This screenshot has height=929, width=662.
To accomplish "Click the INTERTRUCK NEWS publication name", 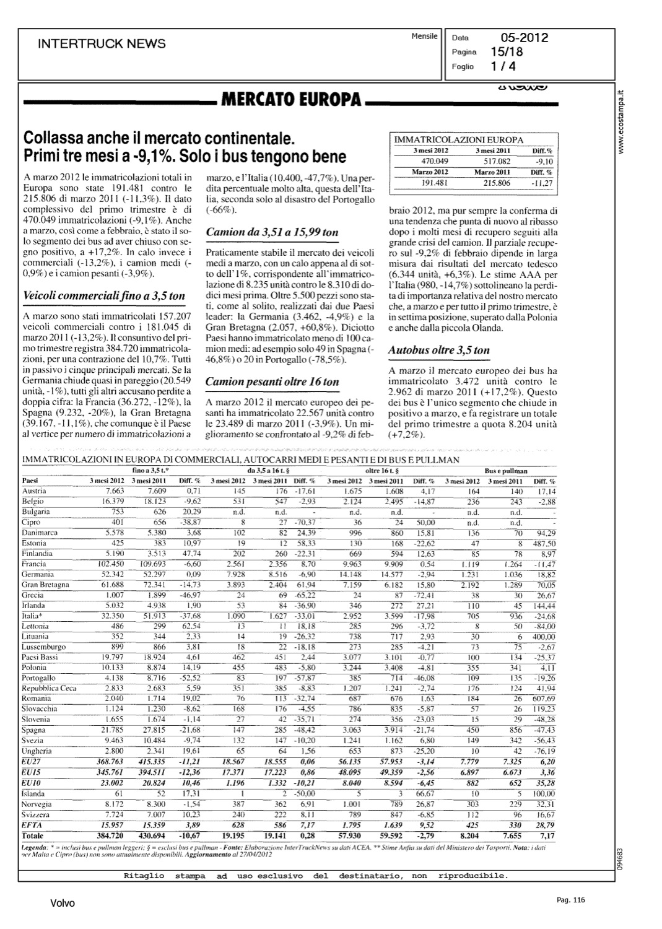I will (x=102, y=43).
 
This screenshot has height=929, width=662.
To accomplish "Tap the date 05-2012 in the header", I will (x=525, y=38).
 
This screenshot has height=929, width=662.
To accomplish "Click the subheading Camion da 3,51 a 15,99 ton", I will (x=272, y=232).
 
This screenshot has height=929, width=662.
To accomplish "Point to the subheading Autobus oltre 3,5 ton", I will (x=439, y=350).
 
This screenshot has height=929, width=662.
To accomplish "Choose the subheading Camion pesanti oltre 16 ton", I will (x=272, y=382).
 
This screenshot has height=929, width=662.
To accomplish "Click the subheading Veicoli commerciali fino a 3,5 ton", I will (x=103, y=295).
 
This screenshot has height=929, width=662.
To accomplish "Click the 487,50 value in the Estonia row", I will (x=543, y=543).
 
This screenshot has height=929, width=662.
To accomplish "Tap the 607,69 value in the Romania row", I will (x=543, y=699).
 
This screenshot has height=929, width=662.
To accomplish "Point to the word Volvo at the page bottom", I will (x=63, y=904).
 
